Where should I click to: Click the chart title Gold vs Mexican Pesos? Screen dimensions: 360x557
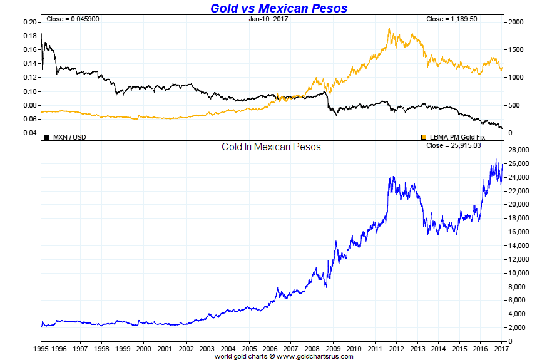pyautogui.click(x=278, y=8)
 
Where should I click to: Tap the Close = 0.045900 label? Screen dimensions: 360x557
pyautogui.click(x=73, y=19)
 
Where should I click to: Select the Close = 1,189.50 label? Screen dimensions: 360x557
pyautogui.click(x=452, y=19)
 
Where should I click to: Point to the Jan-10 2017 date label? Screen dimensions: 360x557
pyautogui.click(x=267, y=19)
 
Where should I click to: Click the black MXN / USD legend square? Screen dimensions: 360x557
pyautogui.click(x=47, y=136)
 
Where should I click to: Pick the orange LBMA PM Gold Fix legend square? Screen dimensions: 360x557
pyautogui.click(x=424, y=136)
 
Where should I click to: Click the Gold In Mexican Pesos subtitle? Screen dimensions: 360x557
pyautogui.click(x=271, y=147)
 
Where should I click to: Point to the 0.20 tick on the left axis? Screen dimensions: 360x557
pyautogui.click(x=30, y=22)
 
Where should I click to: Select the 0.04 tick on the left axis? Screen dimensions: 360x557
pyautogui.click(x=30, y=133)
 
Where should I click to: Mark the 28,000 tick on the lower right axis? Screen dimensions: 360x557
pyautogui.click(x=519, y=150)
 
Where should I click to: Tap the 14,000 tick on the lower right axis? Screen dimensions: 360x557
pyautogui.click(x=519, y=246)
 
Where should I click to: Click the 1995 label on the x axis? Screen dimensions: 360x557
pyautogui.click(x=41, y=347)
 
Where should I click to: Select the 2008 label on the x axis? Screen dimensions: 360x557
pyautogui.click(x=310, y=347)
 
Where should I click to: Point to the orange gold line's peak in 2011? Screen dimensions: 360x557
pyautogui.click(x=389, y=28)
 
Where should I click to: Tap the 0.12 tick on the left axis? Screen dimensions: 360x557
pyautogui.click(x=30, y=78)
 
